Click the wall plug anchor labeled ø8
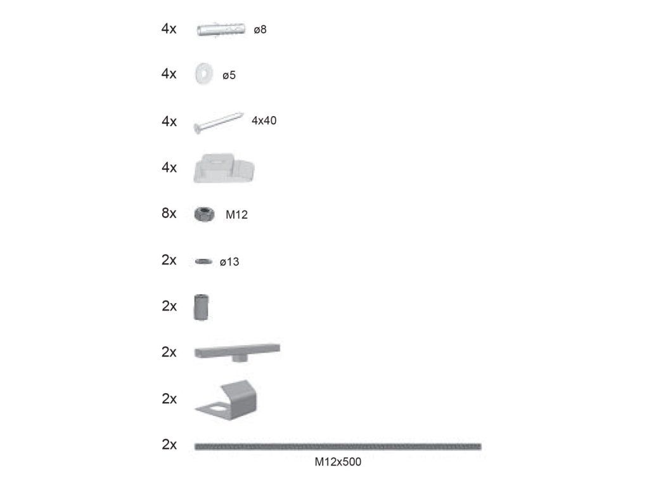[221, 29]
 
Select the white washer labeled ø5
[203, 74]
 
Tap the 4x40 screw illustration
[218, 122]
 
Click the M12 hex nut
[204, 214]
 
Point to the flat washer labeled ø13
[203, 261]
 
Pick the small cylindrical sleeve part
[201, 307]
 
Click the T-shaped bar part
[237, 353]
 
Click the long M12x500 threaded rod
[338, 446]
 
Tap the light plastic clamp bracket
[224, 169]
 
